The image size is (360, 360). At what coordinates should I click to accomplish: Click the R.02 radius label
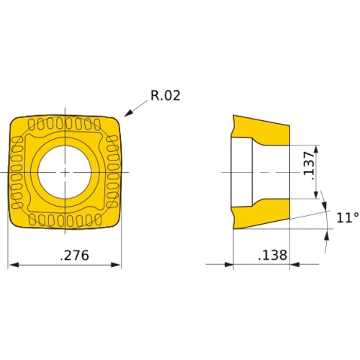tap(165, 96)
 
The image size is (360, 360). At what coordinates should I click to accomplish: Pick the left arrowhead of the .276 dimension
tap(12, 266)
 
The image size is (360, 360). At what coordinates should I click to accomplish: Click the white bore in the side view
tap(245, 172)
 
